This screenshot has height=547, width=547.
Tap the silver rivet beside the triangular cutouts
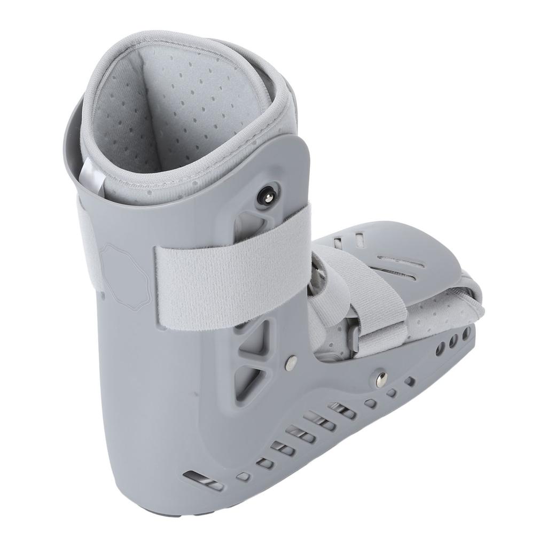pyautogui.click(x=291, y=362)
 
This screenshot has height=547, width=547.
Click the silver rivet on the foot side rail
pyautogui.click(x=381, y=379)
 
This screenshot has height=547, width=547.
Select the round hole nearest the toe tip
pyautogui.click(x=466, y=333)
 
